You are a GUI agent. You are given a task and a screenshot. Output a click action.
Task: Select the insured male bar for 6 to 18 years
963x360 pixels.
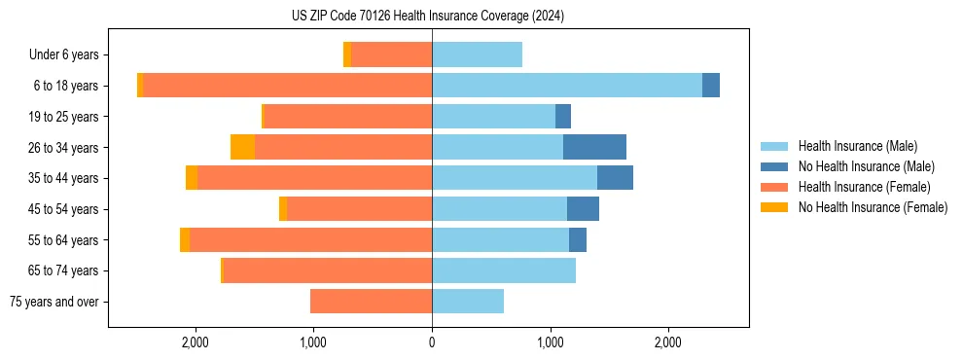click(567, 86)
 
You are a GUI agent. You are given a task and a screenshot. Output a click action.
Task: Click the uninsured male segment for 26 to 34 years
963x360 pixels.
click(594, 147)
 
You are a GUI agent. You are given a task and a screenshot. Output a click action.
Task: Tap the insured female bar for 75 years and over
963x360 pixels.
click(371, 302)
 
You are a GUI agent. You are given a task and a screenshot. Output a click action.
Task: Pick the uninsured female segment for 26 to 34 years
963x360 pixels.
click(242, 147)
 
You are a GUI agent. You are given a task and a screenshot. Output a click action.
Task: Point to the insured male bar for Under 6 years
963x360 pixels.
click(477, 54)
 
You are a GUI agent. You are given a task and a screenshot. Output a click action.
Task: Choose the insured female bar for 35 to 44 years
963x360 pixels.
click(314, 178)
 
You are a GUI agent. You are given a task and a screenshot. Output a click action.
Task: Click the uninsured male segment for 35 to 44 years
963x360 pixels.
click(615, 178)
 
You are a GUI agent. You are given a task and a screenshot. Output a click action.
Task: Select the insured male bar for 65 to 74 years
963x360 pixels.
click(504, 270)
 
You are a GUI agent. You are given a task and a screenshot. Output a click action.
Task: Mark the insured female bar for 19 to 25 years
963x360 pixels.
click(347, 117)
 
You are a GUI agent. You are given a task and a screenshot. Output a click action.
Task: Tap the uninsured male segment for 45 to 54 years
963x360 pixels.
click(583, 209)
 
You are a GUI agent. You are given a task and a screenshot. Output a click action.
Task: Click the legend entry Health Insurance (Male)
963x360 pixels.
click(857, 146)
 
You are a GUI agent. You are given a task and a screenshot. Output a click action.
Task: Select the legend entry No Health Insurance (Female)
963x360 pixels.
click(873, 207)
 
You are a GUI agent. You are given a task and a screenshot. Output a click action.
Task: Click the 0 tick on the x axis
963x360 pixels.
click(432, 342)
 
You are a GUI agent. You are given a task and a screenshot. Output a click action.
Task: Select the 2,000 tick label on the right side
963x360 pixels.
click(667, 342)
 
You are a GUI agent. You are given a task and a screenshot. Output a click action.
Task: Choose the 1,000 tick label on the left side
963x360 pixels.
click(313, 342)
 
